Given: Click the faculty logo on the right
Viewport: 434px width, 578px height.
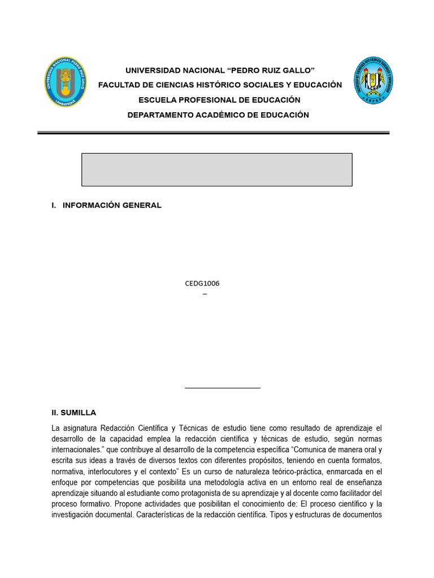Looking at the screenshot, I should point(373,80).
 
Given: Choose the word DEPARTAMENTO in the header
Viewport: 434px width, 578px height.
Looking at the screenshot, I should point(161,115).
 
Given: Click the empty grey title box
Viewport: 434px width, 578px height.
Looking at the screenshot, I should point(217,169).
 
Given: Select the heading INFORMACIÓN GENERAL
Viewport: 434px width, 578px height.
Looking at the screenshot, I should point(112,205).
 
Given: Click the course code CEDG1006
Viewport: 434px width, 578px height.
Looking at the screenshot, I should point(202,283).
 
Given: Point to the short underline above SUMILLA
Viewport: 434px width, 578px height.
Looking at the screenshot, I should point(223,388).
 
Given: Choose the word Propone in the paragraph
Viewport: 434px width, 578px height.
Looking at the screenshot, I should point(134,503).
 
